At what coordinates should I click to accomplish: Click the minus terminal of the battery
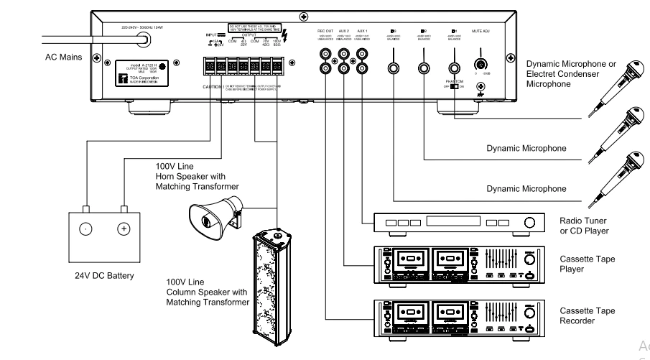(85, 229)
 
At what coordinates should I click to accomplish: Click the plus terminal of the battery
(123, 229)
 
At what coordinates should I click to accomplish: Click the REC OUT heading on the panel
(326, 32)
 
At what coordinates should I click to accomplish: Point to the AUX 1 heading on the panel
(363, 32)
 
